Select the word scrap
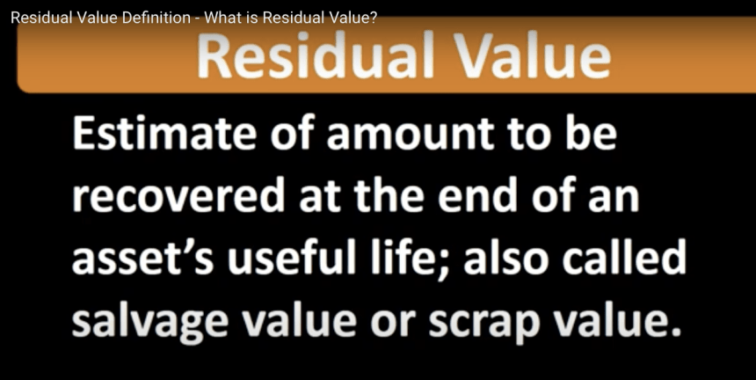click(483, 323)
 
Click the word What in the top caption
click(221, 18)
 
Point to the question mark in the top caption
click(374, 18)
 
